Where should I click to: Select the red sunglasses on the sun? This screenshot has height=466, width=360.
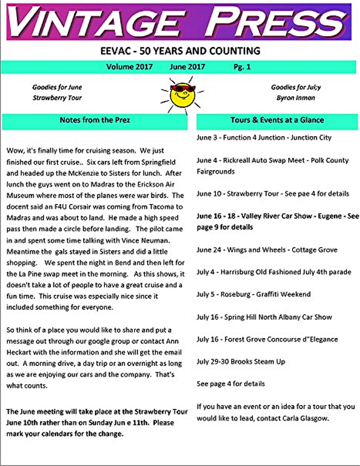coord(182,88)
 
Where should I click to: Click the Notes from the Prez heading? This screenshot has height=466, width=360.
coord(95,120)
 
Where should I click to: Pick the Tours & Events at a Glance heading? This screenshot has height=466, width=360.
coord(277,120)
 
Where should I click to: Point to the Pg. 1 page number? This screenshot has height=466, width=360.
coord(242,67)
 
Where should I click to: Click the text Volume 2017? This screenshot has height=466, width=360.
coord(129,67)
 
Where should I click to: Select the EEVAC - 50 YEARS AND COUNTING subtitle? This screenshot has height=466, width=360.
coord(180,51)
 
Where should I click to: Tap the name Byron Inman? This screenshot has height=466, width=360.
coord(296,98)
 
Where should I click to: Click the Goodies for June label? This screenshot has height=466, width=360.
coord(57,87)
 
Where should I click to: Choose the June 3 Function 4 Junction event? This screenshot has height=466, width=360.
coord(264,137)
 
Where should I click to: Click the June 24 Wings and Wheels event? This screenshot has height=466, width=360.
coord(267,250)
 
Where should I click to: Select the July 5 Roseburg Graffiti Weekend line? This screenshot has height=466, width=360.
coord(254,294)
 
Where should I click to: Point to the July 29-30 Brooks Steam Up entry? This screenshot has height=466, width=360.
coord(241,362)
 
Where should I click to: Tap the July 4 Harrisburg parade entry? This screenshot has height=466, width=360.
coord(274,272)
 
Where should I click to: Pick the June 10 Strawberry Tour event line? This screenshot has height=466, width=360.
coord(273,194)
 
